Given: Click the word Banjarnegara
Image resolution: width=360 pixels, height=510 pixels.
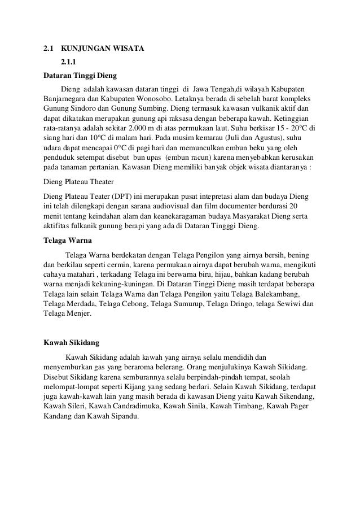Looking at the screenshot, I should (x=68, y=99).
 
